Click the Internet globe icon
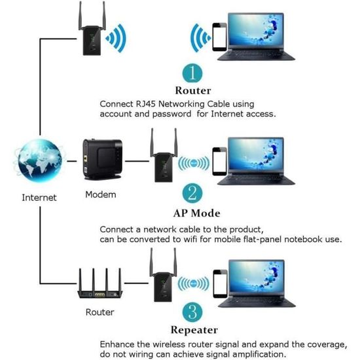pyautogui.click(x=39, y=161)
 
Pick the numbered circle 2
pyautogui.click(x=192, y=192)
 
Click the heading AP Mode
pyautogui.click(x=196, y=213)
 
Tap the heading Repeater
pyautogui.click(x=194, y=330)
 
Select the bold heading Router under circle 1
pyautogui.click(x=192, y=90)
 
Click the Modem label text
pyautogui.click(x=100, y=194)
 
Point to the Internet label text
pyautogui.click(x=39, y=197)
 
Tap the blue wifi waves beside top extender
pyautogui.click(x=116, y=37)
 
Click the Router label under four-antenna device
pyautogui.click(x=99, y=312)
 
